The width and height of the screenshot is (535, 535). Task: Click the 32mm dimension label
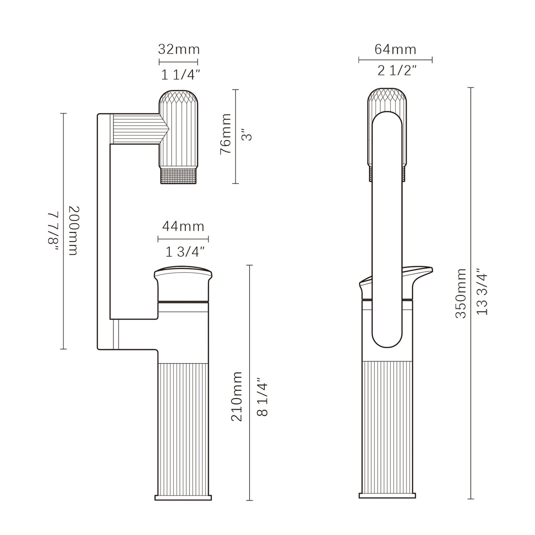(x=179, y=50)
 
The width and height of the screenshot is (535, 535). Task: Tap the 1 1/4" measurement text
(x=180, y=75)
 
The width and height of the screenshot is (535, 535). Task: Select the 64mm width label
(x=395, y=50)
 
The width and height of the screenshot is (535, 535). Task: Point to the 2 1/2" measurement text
(x=397, y=71)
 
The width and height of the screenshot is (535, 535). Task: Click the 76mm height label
(x=226, y=134)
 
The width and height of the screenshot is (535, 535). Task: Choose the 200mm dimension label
(x=73, y=231)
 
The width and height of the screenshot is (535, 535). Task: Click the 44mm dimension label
(x=183, y=227)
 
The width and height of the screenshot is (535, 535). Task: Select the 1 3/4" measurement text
(x=185, y=252)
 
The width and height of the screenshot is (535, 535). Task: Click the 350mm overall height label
(x=461, y=293)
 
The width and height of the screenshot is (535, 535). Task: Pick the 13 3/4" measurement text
(x=483, y=293)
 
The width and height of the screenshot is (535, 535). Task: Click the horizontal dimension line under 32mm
(x=178, y=62)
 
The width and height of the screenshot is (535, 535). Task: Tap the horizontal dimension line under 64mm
(x=395, y=60)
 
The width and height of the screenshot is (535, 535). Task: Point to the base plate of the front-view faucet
(x=387, y=496)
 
